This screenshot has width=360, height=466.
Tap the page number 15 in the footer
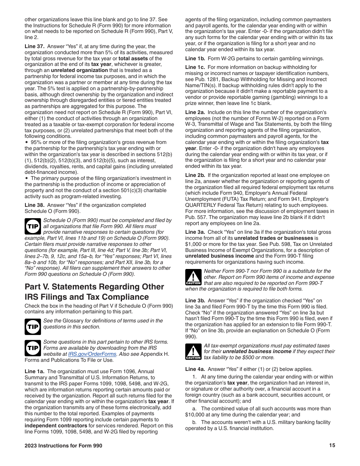pyautogui.click(x=332, y=446)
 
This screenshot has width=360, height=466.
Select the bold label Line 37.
pyautogui.click(x=34, y=47)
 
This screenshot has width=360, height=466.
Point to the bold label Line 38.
pyautogui.click(x=34, y=205)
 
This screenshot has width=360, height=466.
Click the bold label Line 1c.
pyautogui.click(x=195, y=67)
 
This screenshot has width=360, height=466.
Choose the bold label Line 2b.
pyautogui.click(x=195, y=175)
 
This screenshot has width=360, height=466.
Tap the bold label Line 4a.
pyautogui.click(x=195, y=369)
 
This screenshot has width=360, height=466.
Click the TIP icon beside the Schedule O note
pyautogui.click(x=33, y=226)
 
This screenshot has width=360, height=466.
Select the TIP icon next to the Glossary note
pyautogui.click(x=33, y=327)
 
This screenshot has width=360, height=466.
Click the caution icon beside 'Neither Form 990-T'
pyautogui.click(x=193, y=277)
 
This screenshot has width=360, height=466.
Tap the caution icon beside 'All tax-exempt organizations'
pyautogui.click(x=193, y=352)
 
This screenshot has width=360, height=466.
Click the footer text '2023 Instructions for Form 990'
pyautogui.click(x=63, y=446)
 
